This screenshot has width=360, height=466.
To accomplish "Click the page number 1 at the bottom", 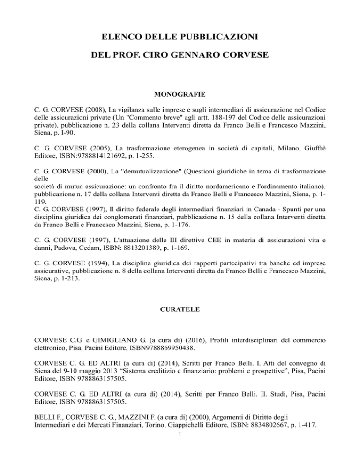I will tap(180, 455).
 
